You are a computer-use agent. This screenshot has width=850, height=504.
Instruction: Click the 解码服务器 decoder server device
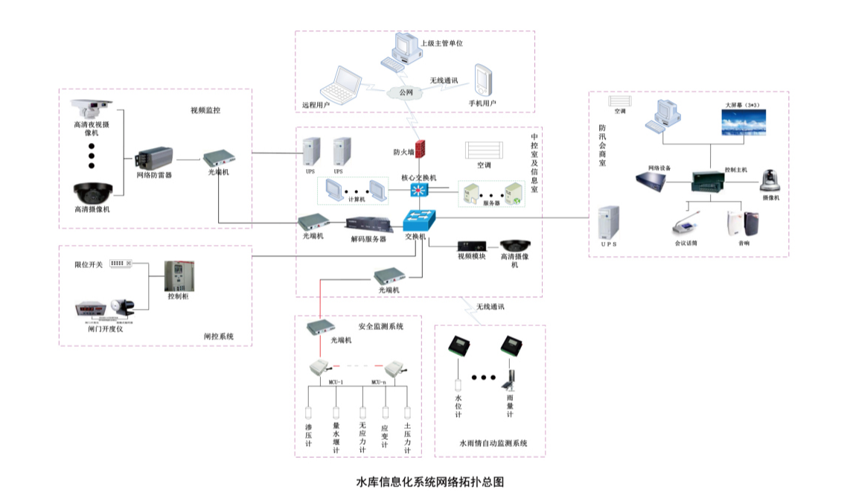[x=368, y=225]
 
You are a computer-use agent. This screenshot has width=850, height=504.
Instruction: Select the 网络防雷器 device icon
[x=154, y=158]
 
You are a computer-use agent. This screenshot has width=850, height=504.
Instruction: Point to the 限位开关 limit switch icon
[x=119, y=264]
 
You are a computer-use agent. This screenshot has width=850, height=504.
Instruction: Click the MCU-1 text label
[x=335, y=382]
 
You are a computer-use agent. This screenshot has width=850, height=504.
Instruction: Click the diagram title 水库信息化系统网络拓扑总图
[x=430, y=482]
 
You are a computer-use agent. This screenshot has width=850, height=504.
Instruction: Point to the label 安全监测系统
[x=380, y=326]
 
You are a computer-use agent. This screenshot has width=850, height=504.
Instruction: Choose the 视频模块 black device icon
[x=472, y=246]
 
